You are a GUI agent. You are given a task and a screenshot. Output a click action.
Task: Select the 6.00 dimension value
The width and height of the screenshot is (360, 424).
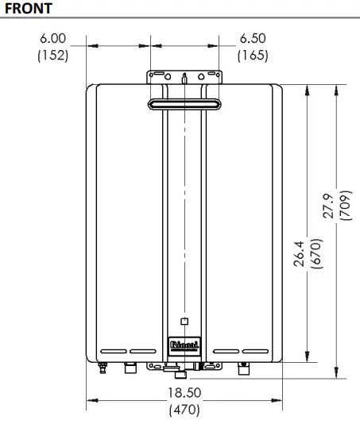click(52, 38)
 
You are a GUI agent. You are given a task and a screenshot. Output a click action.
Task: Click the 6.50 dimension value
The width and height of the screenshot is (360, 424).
click(253, 38)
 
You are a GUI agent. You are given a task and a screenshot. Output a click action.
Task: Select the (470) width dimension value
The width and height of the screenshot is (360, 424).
click(184, 411)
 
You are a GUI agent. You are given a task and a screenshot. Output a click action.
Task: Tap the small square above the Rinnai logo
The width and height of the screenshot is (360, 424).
click(184, 322)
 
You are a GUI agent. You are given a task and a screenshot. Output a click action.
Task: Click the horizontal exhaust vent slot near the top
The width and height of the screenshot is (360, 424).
click(184, 104)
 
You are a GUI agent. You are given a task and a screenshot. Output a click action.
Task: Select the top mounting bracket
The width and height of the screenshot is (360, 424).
click(184, 77)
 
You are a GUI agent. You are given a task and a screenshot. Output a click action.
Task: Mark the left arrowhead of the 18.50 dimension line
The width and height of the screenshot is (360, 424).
click(90, 400)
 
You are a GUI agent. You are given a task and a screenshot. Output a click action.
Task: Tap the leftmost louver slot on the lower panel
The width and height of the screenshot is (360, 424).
click(114, 350)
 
